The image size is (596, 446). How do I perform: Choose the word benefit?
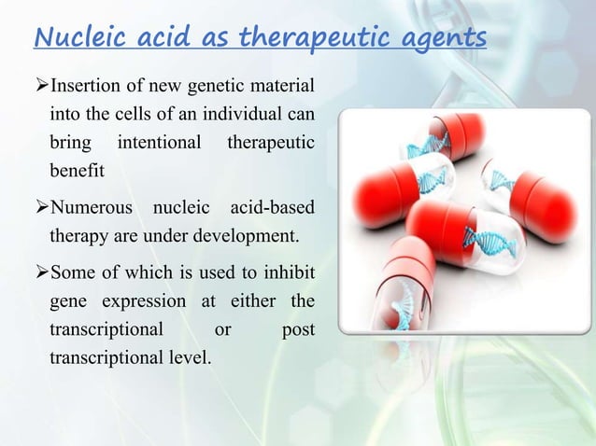tap(77, 173)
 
